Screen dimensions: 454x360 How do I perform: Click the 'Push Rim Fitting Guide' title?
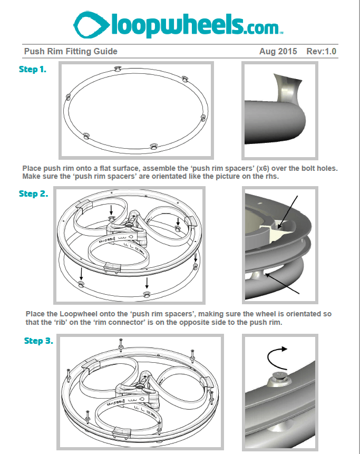(x=71, y=51)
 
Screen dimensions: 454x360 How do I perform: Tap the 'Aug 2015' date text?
(x=278, y=51)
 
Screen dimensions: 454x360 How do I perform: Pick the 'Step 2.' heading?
(x=33, y=194)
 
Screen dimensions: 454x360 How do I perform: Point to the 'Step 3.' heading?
(x=38, y=341)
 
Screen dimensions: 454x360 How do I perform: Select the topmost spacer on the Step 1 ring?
(x=119, y=69)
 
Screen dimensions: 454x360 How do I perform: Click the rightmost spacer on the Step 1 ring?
(x=203, y=118)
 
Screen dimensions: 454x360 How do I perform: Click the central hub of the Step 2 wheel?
(x=128, y=226)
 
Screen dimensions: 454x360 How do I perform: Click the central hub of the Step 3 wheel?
(x=141, y=388)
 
